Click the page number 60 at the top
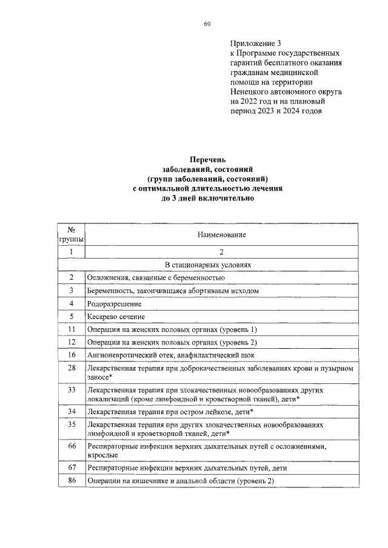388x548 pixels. pyautogui.click(x=207, y=24)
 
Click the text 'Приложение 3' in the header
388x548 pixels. pyautogui.click(x=256, y=44)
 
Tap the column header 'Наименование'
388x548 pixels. pyautogui.click(x=221, y=234)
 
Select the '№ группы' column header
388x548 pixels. pyautogui.click(x=72, y=234)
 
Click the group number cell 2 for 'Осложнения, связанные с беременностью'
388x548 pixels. pyautogui.click(x=72, y=277)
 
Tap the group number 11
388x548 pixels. pyautogui.click(x=72, y=329)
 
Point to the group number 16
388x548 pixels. pyautogui.click(x=72, y=355)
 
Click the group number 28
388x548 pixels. pyautogui.click(x=72, y=368)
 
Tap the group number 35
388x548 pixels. pyautogui.click(x=72, y=425)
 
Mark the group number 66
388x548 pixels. pyautogui.click(x=72, y=446)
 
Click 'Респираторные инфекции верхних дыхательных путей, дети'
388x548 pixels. pyautogui.click(x=187, y=468)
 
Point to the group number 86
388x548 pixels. pyautogui.click(x=72, y=481)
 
